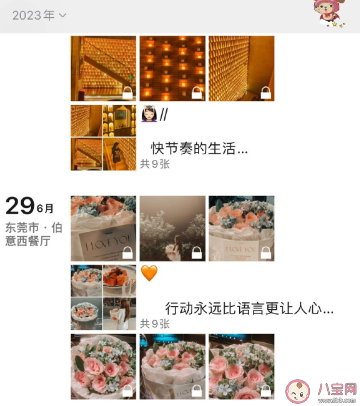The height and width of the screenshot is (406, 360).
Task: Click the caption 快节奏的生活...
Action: click(199, 149)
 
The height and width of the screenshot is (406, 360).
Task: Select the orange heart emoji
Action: click(149, 273)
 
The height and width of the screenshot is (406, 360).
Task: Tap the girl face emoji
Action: click(148, 114)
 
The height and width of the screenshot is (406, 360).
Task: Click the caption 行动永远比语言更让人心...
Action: click(250, 307)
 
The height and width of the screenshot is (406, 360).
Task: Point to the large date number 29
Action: click(20, 207)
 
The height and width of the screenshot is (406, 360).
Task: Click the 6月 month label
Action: click(46, 209)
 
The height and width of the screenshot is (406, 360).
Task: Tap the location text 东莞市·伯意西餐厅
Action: click(33, 234)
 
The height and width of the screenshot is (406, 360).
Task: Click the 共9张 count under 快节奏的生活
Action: click(154, 164)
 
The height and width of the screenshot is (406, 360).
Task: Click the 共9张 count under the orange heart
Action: click(154, 324)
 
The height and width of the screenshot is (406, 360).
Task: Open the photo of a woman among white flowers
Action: click(172, 228)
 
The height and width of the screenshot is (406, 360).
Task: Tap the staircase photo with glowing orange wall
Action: click(103, 69)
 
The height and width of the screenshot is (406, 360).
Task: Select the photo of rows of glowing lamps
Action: click(172, 69)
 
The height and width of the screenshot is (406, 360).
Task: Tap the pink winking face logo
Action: click(298, 390)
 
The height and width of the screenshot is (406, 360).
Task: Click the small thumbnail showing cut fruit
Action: click(120, 280)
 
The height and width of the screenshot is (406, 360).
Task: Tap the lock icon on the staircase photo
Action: click(128, 92)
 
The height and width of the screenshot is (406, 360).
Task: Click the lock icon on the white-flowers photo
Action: click(197, 253)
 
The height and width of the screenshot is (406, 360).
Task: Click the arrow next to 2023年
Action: click(62, 16)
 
